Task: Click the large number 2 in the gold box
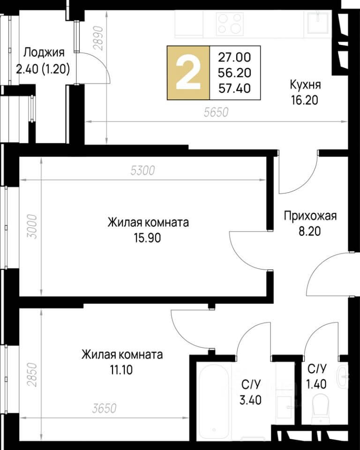tap(188, 73)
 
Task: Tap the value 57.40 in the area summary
tap(234, 87)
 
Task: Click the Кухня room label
tap(305, 85)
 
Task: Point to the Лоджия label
tap(44, 52)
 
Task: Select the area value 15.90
tap(148, 238)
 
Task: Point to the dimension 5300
tap(142, 171)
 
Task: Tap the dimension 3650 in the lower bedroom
tap(103, 408)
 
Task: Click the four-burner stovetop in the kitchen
tap(229, 23)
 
